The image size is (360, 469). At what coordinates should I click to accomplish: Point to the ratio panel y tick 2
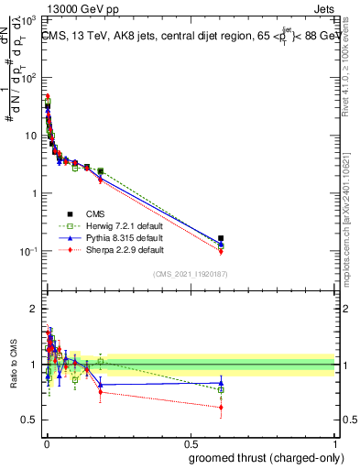pyautogui.click(x=33, y=309)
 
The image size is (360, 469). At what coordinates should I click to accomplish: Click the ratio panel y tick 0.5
pyautogui.click(x=28, y=420)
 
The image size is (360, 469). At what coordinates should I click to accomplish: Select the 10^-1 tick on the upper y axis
pyautogui.click(x=29, y=251)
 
